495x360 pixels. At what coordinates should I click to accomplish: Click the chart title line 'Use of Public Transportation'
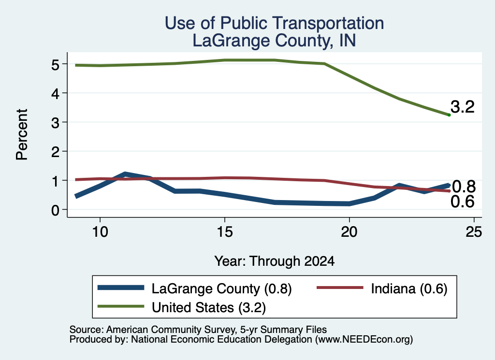275,23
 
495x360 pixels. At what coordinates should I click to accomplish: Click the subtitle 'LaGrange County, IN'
275,41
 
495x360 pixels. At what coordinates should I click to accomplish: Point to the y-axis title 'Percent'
22,134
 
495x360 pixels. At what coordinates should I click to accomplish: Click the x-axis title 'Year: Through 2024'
275,261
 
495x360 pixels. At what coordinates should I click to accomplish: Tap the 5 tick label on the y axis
55,65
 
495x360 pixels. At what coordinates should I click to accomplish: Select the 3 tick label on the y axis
55,123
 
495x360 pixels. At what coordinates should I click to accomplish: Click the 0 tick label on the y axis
55,210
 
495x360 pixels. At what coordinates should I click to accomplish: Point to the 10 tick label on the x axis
100,232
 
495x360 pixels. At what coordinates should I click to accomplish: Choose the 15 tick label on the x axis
225,232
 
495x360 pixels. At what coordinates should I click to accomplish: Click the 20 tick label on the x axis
349,232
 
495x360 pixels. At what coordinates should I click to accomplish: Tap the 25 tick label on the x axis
474,232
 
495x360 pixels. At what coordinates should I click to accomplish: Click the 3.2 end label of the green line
463,107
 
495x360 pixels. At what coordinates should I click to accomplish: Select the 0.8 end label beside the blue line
464,187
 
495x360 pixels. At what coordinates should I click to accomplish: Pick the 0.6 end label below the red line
463,202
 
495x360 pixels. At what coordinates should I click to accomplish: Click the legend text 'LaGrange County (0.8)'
221,288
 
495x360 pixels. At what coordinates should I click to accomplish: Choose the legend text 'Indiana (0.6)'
409,288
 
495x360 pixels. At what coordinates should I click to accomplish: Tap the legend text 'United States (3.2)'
209,307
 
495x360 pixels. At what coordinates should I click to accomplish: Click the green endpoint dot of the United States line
449,115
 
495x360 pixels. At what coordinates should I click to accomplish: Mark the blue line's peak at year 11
125,174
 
